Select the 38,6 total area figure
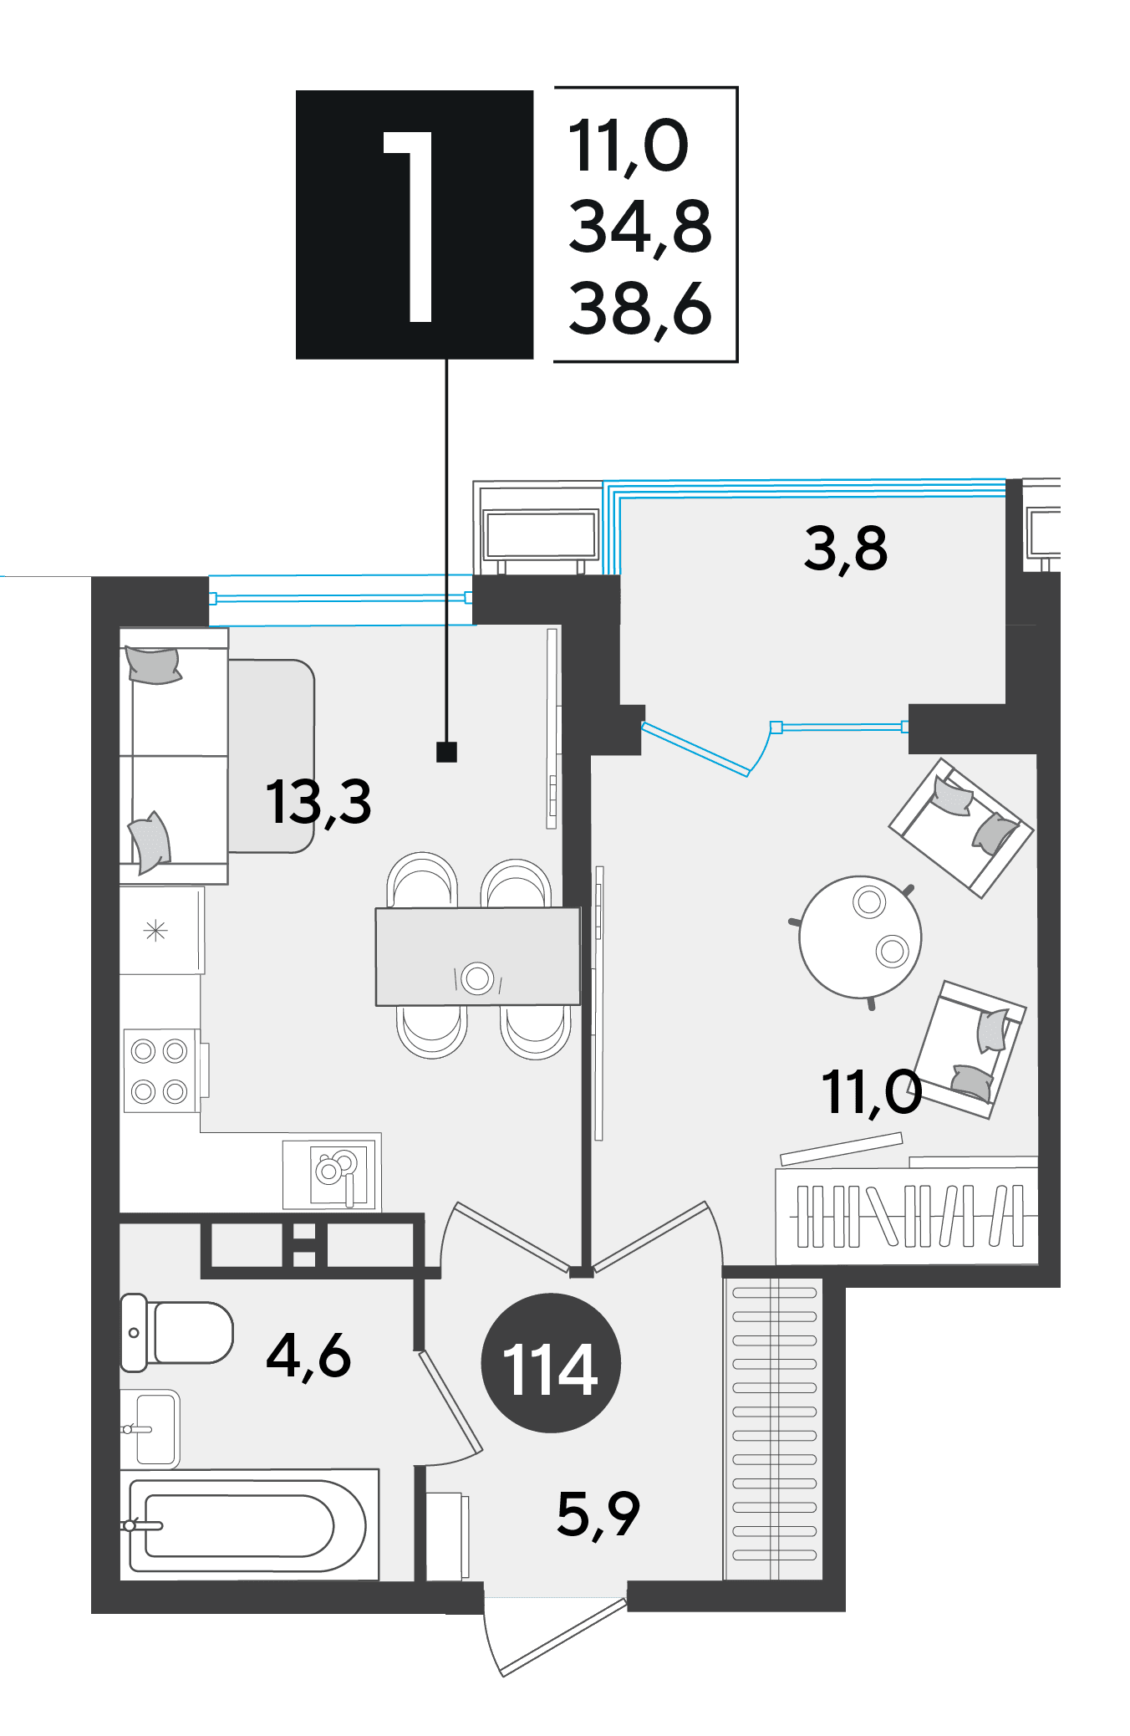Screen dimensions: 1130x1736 tap(640, 309)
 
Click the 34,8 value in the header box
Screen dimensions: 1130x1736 tap(640, 226)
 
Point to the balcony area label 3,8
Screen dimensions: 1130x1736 tap(845, 549)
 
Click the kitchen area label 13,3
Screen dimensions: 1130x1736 tap(318, 801)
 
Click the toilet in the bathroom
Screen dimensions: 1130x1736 tap(176, 1333)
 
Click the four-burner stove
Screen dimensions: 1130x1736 tap(160, 1071)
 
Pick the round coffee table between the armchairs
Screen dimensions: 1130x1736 tap(860, 937)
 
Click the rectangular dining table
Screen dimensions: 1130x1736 tap(477, 956)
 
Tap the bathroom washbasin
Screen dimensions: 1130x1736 tap(150, 1429)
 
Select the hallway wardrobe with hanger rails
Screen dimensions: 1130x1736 tap(774, 1429)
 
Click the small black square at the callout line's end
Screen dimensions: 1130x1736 tap(447, 752)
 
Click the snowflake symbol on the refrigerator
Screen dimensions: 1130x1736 tap(155, 930)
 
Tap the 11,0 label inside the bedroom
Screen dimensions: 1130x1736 tap(872, 1092)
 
